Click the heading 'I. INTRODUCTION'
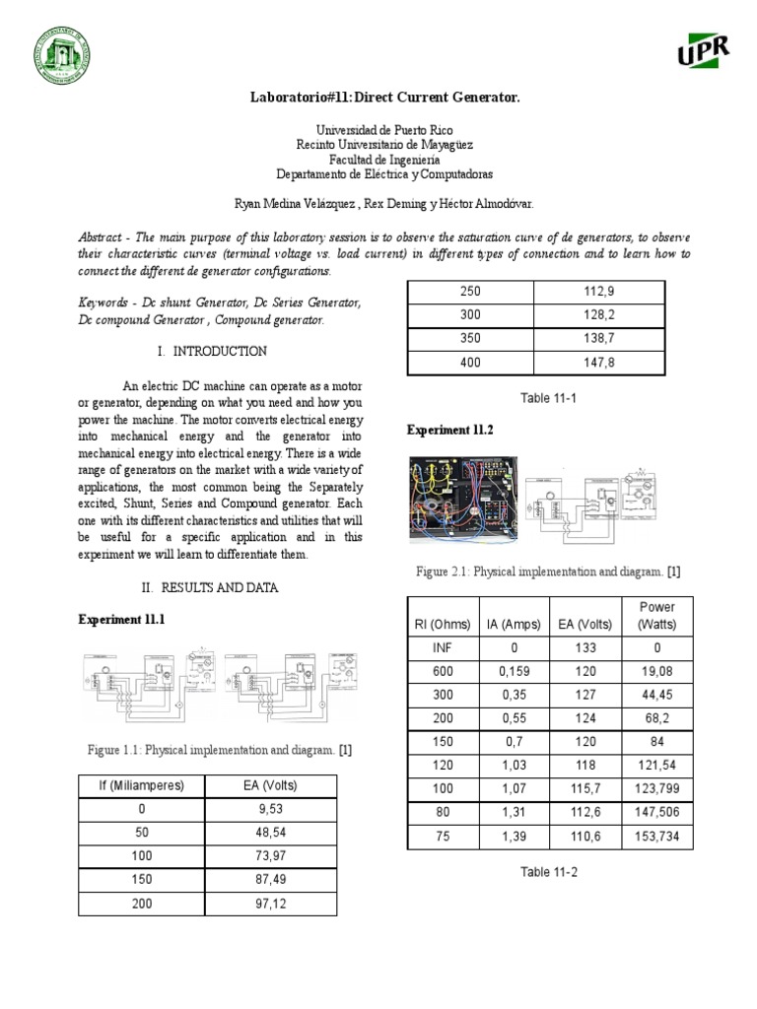click(211, 352)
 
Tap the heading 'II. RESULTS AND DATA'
click(211, 587)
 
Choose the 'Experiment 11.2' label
click(450, 431)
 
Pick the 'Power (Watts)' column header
click(656, 615)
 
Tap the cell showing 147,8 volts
click(598, 363)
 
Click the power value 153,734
click(656, 836)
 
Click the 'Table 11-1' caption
click(535, 398)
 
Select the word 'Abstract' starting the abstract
click(103, 237)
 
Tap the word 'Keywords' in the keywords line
click(106, 303)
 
